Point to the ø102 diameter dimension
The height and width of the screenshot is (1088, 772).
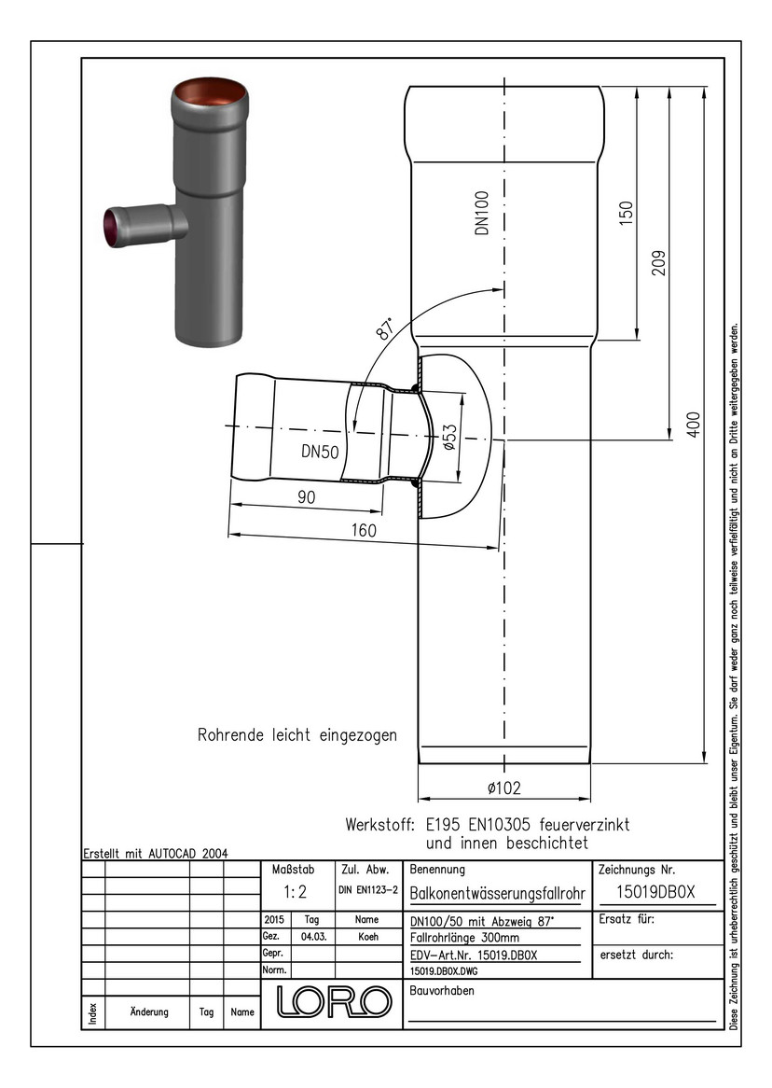[x=503, y=788]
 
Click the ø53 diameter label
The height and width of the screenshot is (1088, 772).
[x=449, y=438]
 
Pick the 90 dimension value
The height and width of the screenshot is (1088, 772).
[x=306, y=498]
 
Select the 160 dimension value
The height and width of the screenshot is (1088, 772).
[x=364, y=530]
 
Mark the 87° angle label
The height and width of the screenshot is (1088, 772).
[x=383, y=329]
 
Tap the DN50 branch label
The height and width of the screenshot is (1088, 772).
[x=320, y=452]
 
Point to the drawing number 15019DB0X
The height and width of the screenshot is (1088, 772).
[x=656, y=891]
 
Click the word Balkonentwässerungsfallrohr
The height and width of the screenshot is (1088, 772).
[x=498, y=893]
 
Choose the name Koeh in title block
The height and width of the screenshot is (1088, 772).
[x=368, y=937]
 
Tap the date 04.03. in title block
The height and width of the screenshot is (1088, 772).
[x=311, y=937]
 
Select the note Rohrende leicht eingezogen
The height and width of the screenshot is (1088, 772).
[x=296, y=734]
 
